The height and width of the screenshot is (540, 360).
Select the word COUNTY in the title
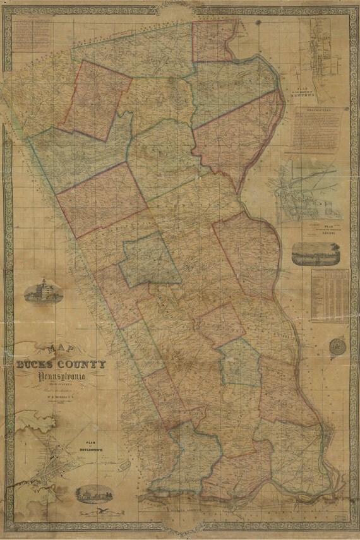click(x=82, y=364)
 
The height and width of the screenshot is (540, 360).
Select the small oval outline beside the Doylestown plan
click(x=124, y=465)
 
